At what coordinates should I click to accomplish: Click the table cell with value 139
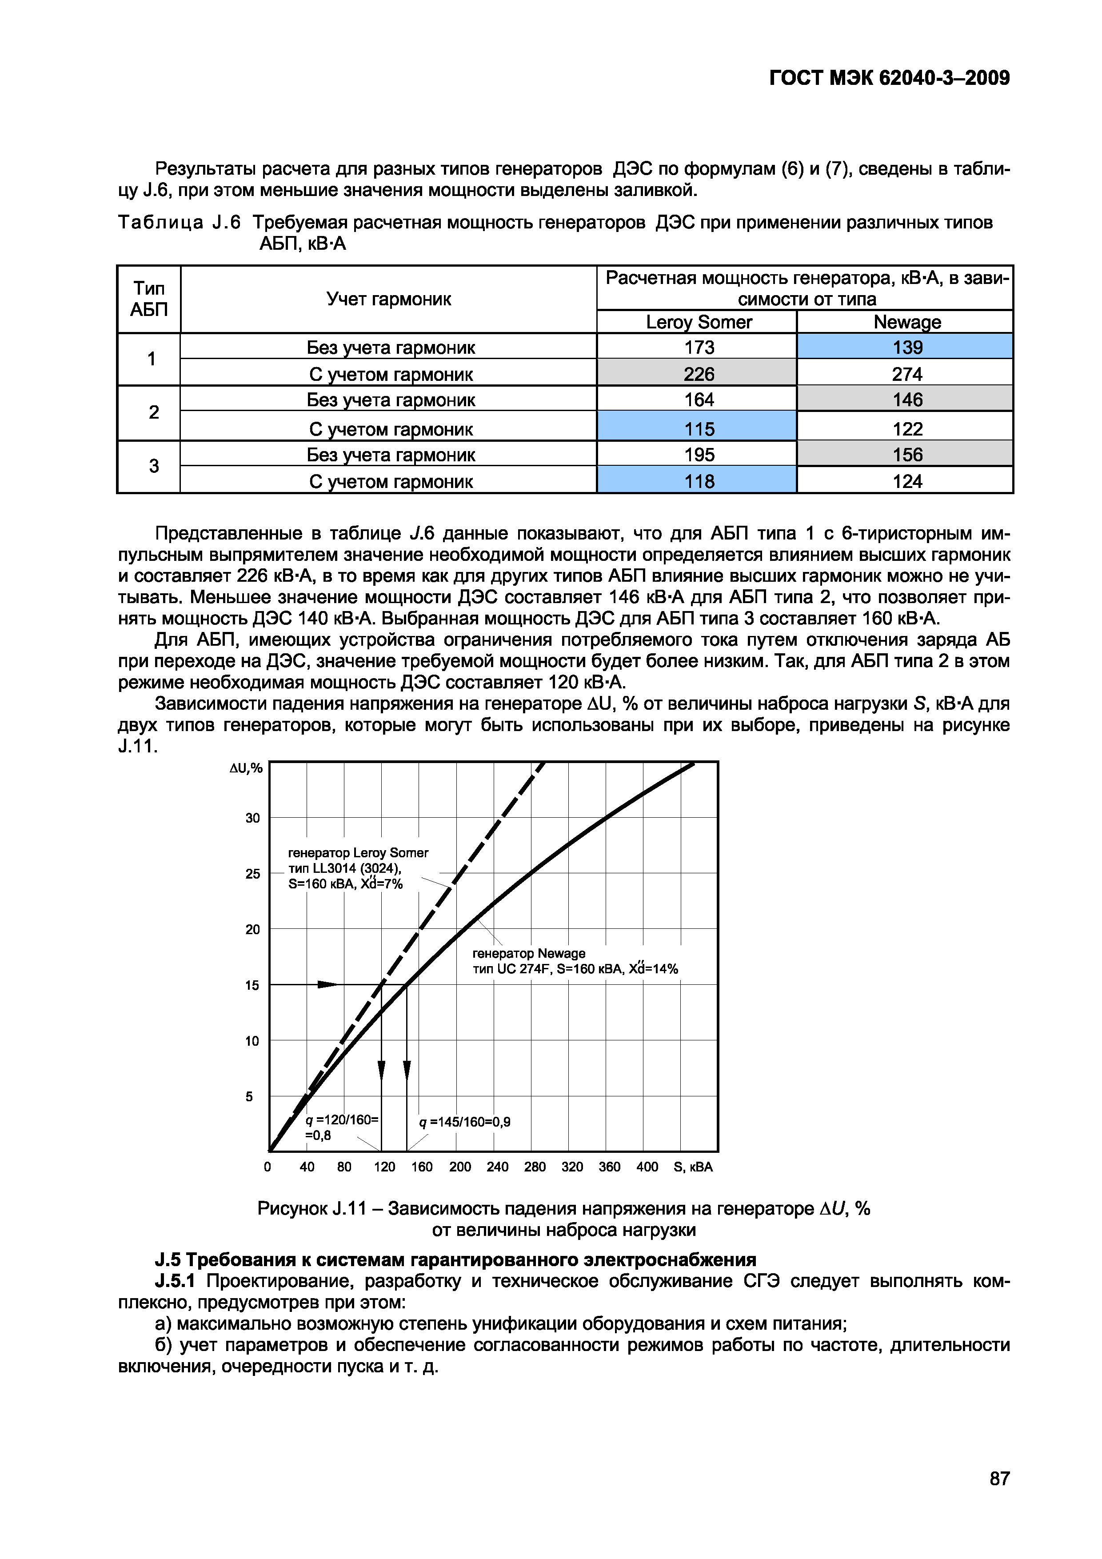[907, 347]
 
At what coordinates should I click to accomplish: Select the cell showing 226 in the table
[699, 373]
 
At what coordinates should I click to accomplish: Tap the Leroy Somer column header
[699, 322]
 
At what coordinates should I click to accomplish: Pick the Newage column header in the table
[907, 322]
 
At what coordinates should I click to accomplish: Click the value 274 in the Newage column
[907, 373]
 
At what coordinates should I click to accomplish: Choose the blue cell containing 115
[699, 428]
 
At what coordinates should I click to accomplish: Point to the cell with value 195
[699, 454]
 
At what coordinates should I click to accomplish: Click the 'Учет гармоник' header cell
[388, 299]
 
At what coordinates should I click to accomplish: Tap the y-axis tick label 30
[252, 818]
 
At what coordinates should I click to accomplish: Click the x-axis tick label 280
[535, 1167]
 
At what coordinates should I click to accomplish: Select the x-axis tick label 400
[647, 1167]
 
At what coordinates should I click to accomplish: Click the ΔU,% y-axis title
[246, 768]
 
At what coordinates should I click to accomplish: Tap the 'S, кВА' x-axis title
[693, 1167]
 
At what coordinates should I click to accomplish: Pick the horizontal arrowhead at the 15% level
[327, 984]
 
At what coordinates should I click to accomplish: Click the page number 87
[999, 1478]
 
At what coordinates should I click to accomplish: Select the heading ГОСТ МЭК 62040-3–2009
[890, 78]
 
